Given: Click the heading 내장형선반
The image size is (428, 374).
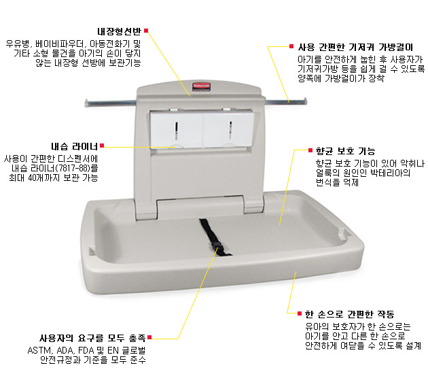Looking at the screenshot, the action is [120, 31].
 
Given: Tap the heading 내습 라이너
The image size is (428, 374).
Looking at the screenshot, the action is [74, 147].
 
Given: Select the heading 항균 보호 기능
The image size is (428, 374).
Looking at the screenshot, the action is [345, 151].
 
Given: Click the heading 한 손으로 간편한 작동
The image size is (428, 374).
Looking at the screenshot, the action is [349, 314].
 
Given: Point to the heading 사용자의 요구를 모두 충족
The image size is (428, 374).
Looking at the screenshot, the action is [92, 338].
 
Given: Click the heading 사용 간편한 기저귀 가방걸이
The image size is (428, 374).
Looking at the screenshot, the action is [355, 48].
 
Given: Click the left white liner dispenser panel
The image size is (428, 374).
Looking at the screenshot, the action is [177, 129].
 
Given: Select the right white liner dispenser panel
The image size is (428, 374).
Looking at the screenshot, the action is [229, 129].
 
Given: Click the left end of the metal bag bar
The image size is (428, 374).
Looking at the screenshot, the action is [86, 103].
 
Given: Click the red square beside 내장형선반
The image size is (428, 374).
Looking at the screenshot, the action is [146, 31].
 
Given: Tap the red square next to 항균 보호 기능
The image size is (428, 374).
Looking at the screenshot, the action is [310, 150].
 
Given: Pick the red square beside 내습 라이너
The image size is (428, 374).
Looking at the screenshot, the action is [102, 146].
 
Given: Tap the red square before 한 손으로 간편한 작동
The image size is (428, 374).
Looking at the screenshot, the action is [300, 313].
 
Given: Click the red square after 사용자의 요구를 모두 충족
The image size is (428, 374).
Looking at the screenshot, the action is [149, 337].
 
